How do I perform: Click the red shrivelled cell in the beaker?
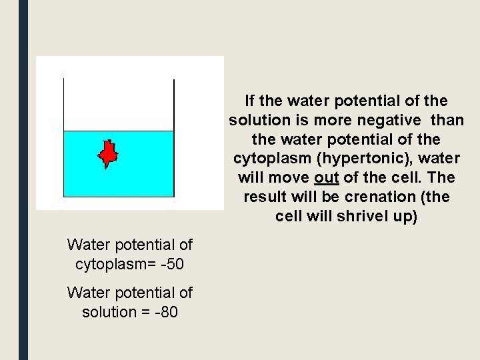click(x=108, y=154)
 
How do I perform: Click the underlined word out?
click(x=325, y=179)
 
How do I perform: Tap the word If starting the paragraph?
click(x=250, y=101)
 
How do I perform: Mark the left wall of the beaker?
click(x=63, y=133)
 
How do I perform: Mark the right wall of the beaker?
click(x=174, y=133)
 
